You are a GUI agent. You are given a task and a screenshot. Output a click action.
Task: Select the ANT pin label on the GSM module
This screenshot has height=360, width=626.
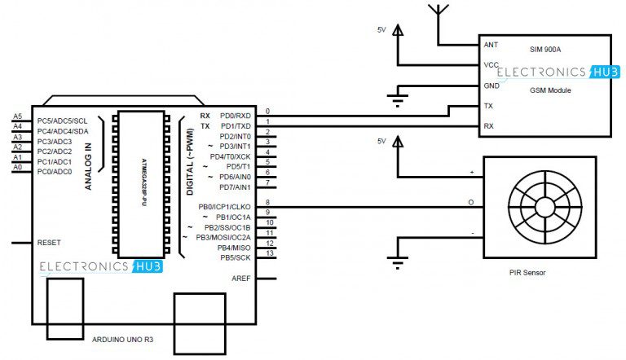click(491, 45)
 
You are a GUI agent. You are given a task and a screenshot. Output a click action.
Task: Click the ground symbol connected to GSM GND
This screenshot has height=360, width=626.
click(398, 101)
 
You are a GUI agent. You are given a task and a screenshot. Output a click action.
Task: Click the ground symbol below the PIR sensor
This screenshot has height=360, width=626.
click(398, 262)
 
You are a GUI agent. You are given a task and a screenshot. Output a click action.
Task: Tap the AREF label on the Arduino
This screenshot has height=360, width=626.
click(242, 279)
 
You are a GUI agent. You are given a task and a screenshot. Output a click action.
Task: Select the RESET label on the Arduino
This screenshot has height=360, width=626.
click(49, 243)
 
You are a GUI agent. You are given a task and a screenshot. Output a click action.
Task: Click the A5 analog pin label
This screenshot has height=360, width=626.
click(17, 116)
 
